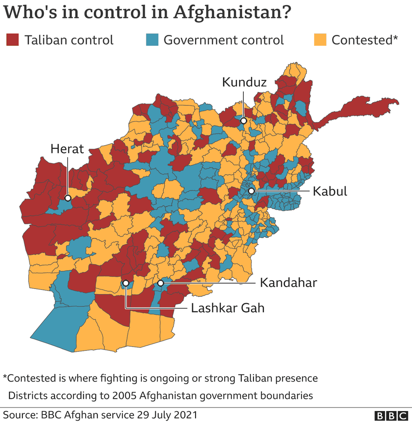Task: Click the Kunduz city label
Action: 244,82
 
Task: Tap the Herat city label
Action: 67,149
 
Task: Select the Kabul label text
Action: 330,191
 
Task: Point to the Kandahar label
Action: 288,282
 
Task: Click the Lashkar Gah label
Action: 227,308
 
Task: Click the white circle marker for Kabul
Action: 251,191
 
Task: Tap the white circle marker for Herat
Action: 67,198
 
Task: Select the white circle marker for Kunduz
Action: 243,121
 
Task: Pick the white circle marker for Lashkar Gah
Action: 125,283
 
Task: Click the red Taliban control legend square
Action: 12,40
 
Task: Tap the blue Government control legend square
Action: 152,40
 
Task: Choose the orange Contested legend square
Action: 320,40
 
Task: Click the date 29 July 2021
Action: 166,415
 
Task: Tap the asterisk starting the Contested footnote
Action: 5,377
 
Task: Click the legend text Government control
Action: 224,40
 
